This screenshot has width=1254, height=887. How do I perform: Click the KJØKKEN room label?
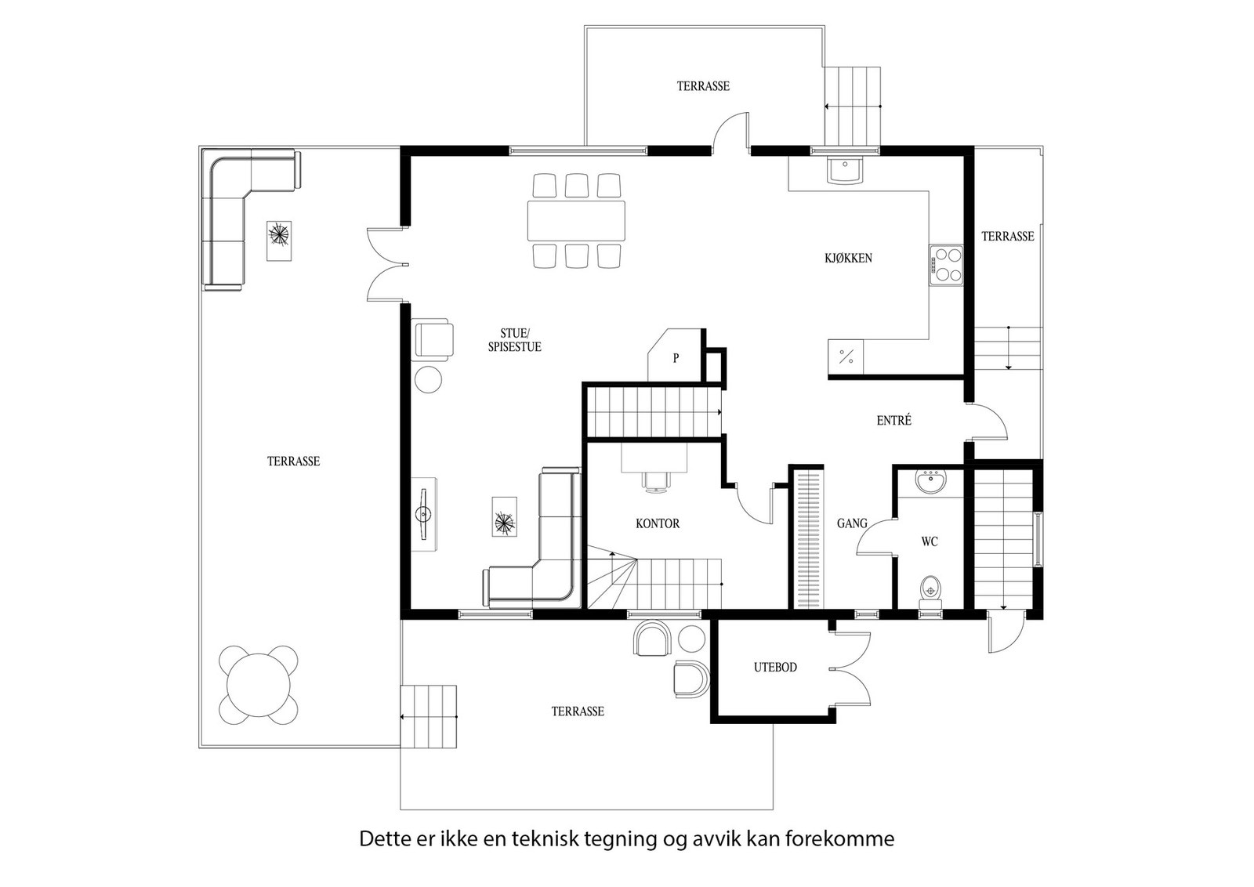pos(848,258)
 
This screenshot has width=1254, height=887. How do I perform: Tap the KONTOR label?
pos(658,523)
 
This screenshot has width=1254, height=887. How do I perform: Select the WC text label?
pos(930,541)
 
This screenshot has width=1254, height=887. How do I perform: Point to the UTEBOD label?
pos(775,668)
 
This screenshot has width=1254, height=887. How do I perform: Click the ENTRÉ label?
pos(894,420)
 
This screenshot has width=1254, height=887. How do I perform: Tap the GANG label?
pos(852,523)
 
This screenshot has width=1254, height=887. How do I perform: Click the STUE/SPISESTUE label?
pos(514,341)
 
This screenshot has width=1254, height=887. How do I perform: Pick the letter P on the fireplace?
pos(676,358)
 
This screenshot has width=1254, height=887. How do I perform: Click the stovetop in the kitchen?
pos(946,266)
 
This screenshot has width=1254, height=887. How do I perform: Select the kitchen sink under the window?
pos(844,169)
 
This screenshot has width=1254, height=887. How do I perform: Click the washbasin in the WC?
pos(931,482)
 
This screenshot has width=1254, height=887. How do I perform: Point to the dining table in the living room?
pos(576,220)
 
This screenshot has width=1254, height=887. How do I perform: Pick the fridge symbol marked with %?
pos(846,357)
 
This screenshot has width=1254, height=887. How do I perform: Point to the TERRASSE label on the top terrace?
pos(703,86)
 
